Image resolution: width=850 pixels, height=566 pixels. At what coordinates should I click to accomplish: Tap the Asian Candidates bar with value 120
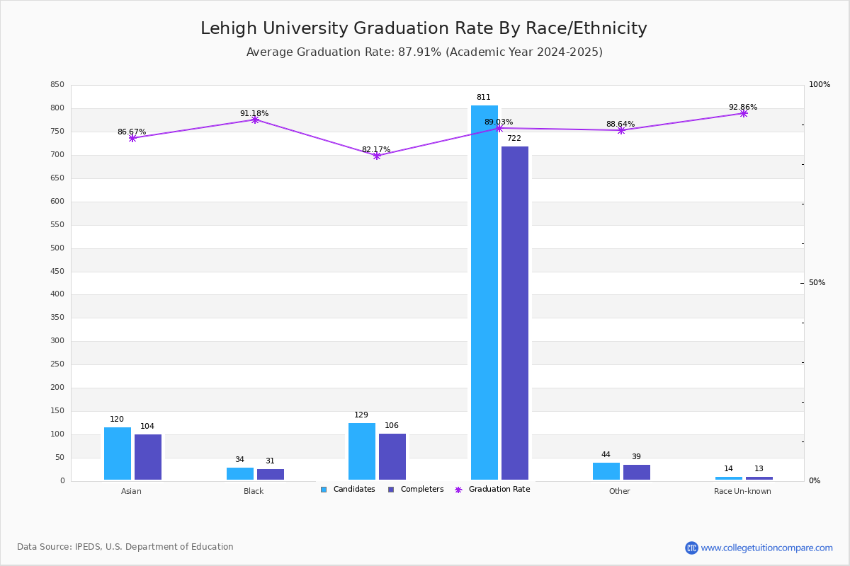[118, 454]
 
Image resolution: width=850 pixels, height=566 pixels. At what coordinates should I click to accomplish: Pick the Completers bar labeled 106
[392, 456]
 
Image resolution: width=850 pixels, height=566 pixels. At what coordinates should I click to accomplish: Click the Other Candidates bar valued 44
[606, 471]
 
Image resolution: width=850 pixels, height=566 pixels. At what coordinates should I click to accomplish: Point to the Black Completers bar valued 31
[271, 474]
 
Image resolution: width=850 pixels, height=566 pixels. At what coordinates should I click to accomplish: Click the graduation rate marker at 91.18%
[255, 120]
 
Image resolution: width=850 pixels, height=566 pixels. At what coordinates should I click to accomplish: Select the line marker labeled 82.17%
[377, 156]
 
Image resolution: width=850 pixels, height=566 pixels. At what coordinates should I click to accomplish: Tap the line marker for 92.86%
[744, 113]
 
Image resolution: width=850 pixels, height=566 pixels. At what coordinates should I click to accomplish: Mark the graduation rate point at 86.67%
[132, 138]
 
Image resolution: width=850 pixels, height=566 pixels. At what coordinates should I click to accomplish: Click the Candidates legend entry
[348, 490]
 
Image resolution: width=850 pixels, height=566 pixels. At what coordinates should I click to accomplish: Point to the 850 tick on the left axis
[57, 85]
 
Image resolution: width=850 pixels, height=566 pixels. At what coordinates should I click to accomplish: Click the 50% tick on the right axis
[817, 283]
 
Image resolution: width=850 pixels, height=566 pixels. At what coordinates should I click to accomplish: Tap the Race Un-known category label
[742, 492]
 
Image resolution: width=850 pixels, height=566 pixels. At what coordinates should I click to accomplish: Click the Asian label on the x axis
[131, 492]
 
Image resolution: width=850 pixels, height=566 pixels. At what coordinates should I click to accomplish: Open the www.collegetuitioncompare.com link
[766, 548]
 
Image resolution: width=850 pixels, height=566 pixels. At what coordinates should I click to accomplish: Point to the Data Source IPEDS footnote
[125, 547]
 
